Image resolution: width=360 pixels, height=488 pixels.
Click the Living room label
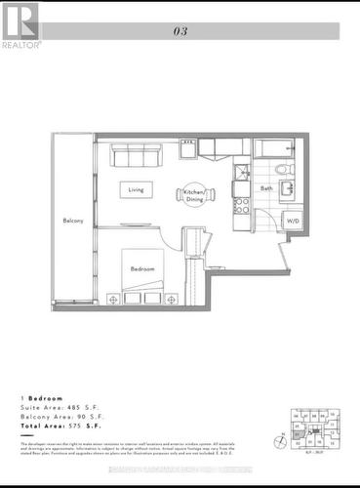pyautogui.click(x=135, y=190)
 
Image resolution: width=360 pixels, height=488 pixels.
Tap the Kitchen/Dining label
pyautogui.click(x=195, y=194)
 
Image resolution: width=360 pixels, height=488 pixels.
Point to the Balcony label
pyautogui.click(x=72, y=221)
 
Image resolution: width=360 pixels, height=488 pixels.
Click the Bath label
pyautogui.click(x=266, y=188)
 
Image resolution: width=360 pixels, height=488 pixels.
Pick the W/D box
pyautogui.click(x=293, y=222)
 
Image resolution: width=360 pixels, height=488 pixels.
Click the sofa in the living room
pyautogui.click(x=136, y=155)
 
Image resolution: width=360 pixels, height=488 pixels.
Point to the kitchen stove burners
pyautogui.click(x=239, y=206)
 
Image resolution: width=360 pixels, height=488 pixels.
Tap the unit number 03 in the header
pyautogui.click(x=180, y=31)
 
